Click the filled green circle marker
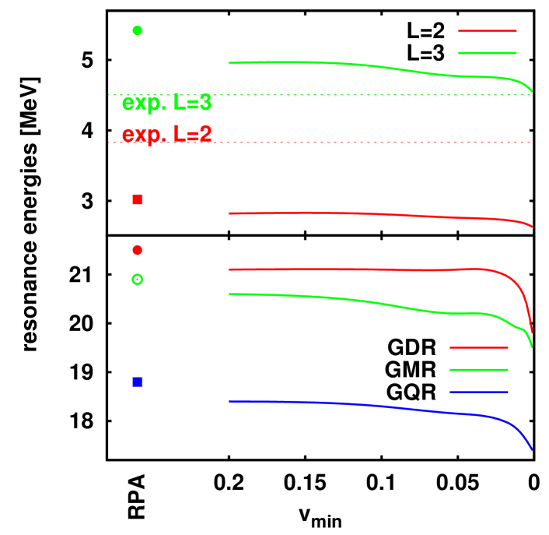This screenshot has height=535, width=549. coord(138,30)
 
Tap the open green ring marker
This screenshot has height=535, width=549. coord(138,279)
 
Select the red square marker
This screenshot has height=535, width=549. coord(138,199)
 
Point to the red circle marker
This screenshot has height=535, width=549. coord(138,250)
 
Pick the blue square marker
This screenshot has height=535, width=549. coord(138,382)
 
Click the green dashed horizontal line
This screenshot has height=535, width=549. coord(350,95)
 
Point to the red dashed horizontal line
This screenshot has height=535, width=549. coord(350,143)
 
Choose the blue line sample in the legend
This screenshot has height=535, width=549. coord(478,392)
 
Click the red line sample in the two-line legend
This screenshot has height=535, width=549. coord(488,31)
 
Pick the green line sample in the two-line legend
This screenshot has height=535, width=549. coord(488,53)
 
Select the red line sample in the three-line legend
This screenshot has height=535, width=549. coord(478,347)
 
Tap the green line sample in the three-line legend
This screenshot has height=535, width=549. coord(478,370)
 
